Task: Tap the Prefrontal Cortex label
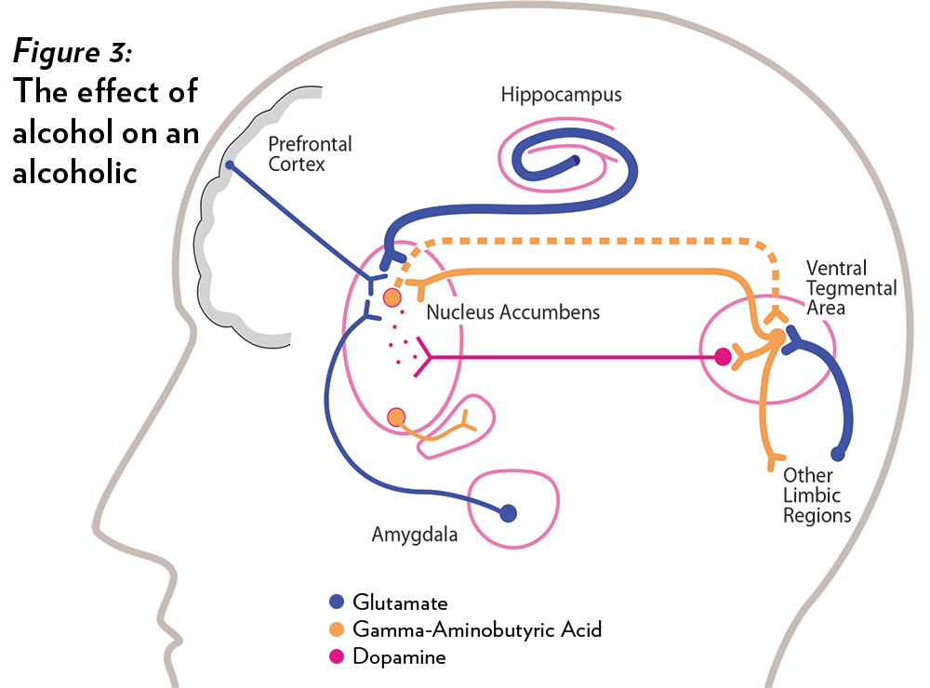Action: [x=310, y=154]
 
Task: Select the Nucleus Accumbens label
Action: [x=512, y=312]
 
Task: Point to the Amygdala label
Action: [x=415, y=535]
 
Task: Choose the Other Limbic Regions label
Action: [x=817, y=495]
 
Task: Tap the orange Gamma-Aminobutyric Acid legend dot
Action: [x=337, y=629]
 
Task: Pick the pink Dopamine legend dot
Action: [x=337, y=656]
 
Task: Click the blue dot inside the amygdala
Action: [x=508, y=512]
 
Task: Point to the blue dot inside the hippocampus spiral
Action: [x=576, y=162]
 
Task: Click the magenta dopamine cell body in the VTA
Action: [x=723, y=355]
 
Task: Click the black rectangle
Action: [x=105, y=110]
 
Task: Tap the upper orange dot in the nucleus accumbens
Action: [x=392, y=297]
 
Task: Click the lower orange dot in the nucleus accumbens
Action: [x=397, y=417]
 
